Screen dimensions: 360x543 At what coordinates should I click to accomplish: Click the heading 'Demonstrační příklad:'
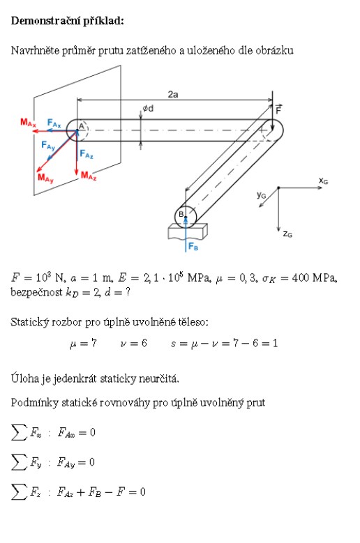(67, 21)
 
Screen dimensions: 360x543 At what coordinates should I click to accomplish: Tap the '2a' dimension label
(173, 94)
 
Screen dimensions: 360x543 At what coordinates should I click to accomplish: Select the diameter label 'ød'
(148, 109)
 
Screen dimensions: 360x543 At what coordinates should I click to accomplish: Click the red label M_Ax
(28, 123)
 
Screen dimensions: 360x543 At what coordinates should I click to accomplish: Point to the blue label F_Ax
(54, 123)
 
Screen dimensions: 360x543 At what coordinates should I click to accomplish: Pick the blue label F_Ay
(48, 145)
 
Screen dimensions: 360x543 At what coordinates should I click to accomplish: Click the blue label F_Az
(87, 154)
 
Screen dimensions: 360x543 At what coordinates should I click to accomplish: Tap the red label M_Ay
(46, 178)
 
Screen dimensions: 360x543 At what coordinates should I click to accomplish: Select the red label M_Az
(89, 176)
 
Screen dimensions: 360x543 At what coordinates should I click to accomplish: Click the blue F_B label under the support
(193, 247)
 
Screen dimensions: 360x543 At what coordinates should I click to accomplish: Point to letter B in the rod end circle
(181, 215)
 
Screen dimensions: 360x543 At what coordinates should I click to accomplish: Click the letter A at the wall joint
(82, 126)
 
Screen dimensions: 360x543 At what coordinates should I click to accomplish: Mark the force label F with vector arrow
(278, 109)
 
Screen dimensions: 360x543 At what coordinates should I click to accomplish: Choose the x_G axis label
(323, 181)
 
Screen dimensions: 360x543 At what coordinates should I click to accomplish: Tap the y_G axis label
(261, 195)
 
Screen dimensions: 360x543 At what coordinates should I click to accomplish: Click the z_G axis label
(287, 234)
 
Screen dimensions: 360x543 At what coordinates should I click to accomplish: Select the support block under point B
(188, 231)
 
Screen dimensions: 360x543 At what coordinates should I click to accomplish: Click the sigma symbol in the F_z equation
(19, 492)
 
